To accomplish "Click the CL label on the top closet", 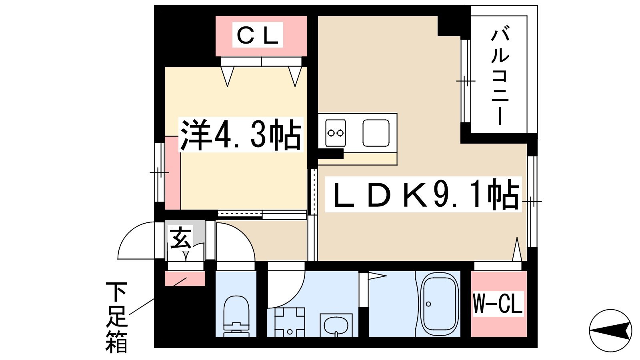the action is coord(258,36).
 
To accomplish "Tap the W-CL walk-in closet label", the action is coord(498,304).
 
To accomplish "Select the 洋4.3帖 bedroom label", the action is coord(240,135).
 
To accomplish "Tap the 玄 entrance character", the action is coord(180,238).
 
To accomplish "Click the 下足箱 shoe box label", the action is coord(116,317).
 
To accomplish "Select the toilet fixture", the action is coord(236,316).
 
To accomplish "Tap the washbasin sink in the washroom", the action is coord(336,325).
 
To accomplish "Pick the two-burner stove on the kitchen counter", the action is coord(336,133).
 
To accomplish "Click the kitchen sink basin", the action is coord(376,133).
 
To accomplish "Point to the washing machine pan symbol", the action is coord(290,322).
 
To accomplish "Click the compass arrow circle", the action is coord(610,330).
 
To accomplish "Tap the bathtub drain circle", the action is coord(428,304).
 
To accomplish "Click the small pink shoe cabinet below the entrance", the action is coord(185,278).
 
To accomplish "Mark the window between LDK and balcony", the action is coord(466,81).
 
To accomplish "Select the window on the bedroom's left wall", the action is coord(160,172).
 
